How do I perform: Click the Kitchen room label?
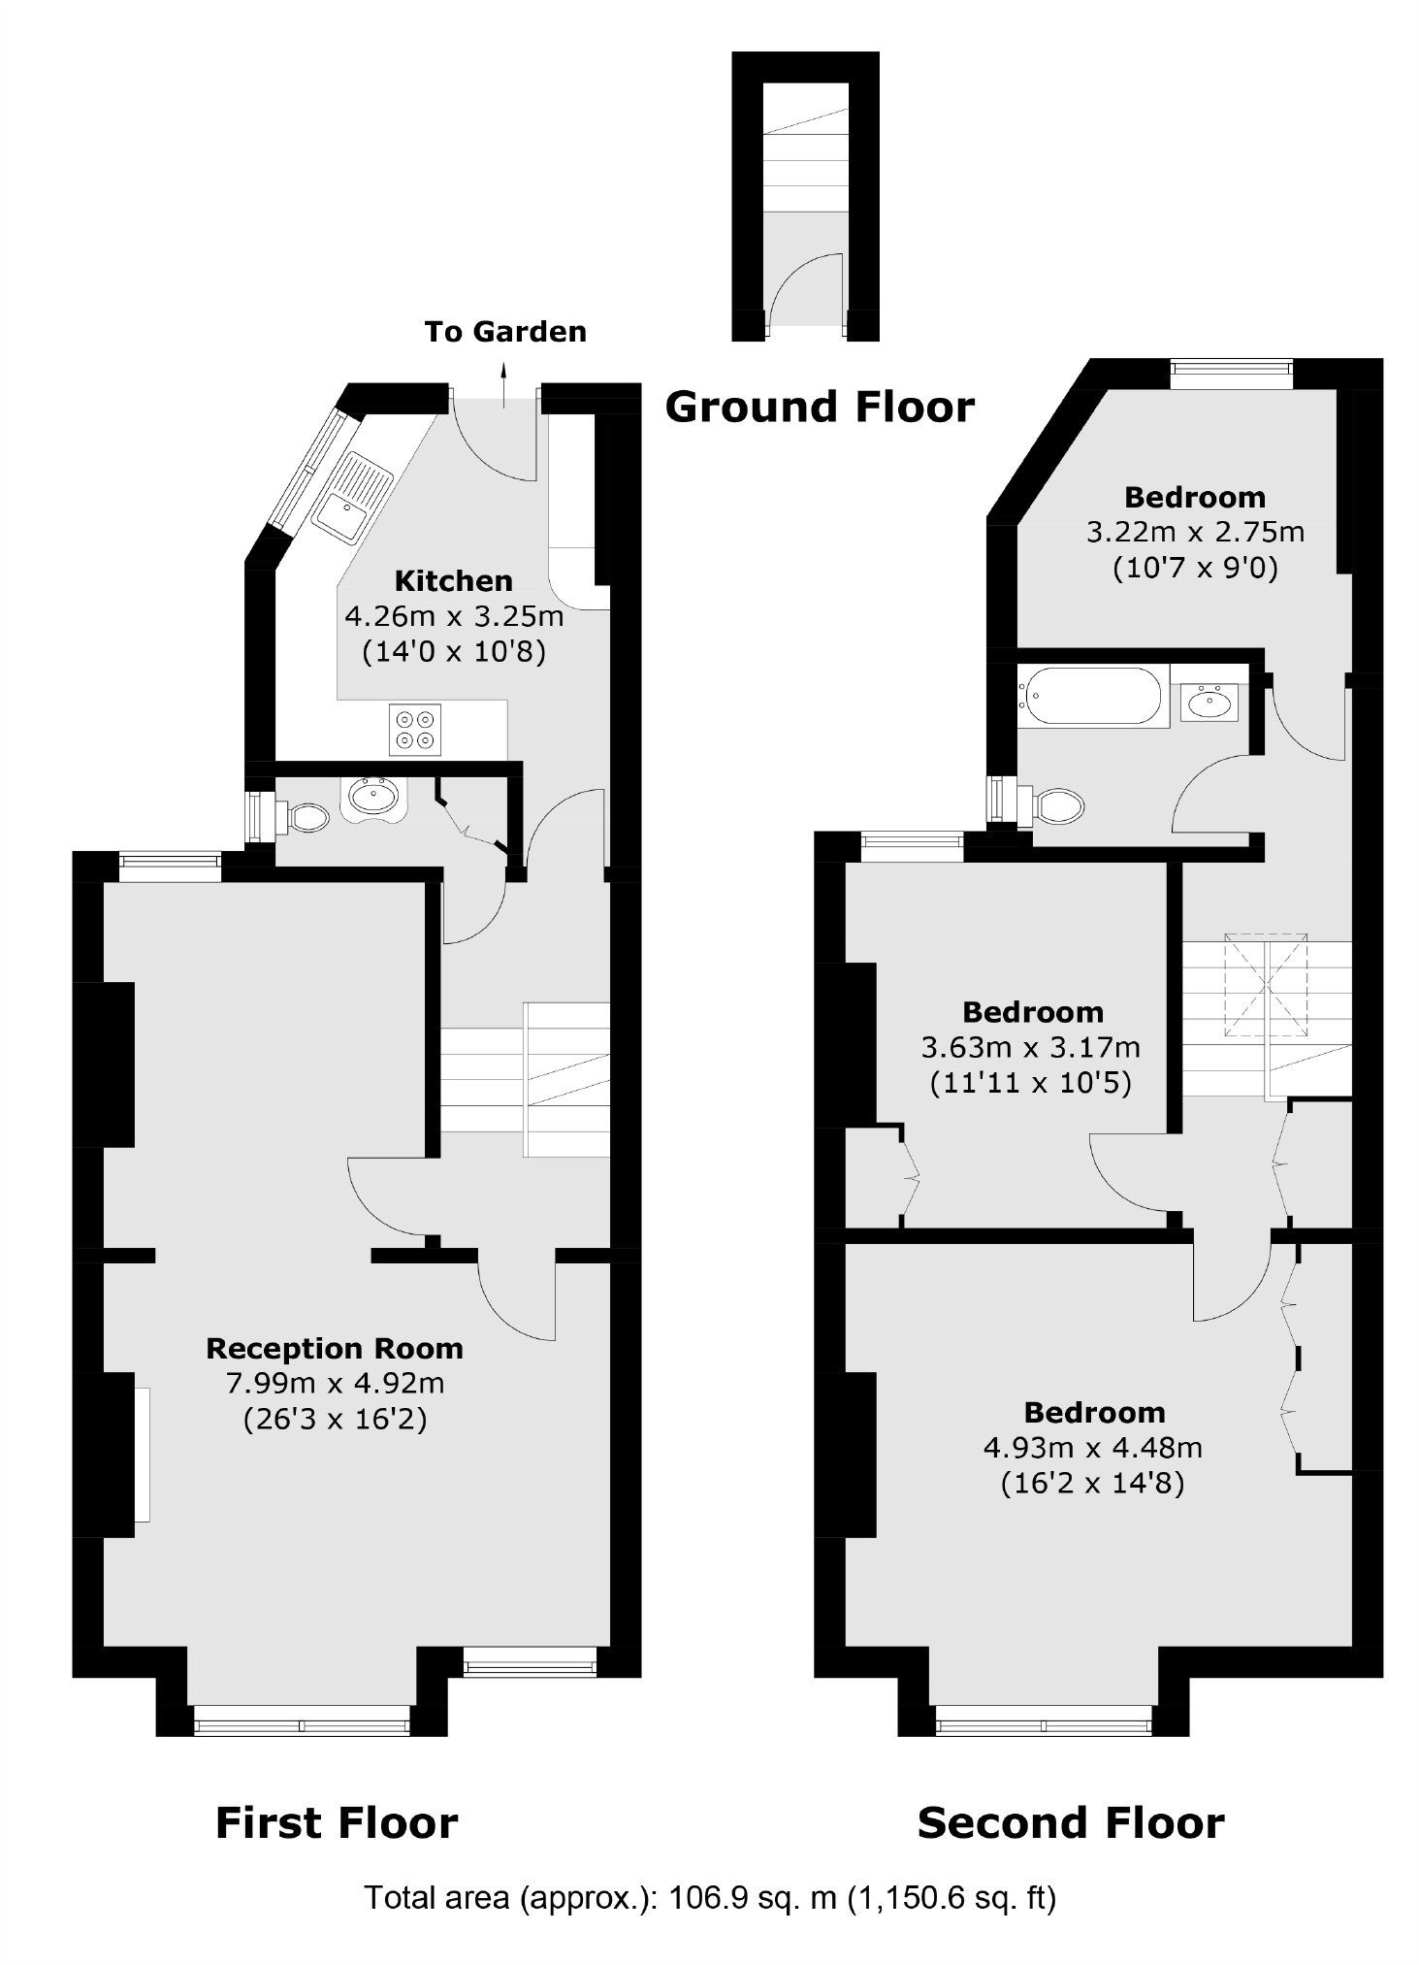[x=453, y=581]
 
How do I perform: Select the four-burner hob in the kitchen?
[x=415, y=730]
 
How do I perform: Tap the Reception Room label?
[x=335, y=1349]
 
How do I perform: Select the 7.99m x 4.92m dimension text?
[x=335, y=1383]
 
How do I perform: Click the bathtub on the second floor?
[x=1092, y=695]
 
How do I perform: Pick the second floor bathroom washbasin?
[x=1209, y=700]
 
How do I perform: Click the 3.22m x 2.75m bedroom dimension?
[x=1195, y=532]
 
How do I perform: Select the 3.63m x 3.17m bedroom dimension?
[x=1031, y=1047]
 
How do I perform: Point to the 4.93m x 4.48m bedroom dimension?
[x=1093, y=1448]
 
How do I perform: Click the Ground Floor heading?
[x=820, y=408]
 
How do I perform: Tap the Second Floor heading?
[x=1071, y=1823]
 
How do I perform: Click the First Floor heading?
[x=336, y=1823]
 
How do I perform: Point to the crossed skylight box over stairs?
[x=1265, y=985]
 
